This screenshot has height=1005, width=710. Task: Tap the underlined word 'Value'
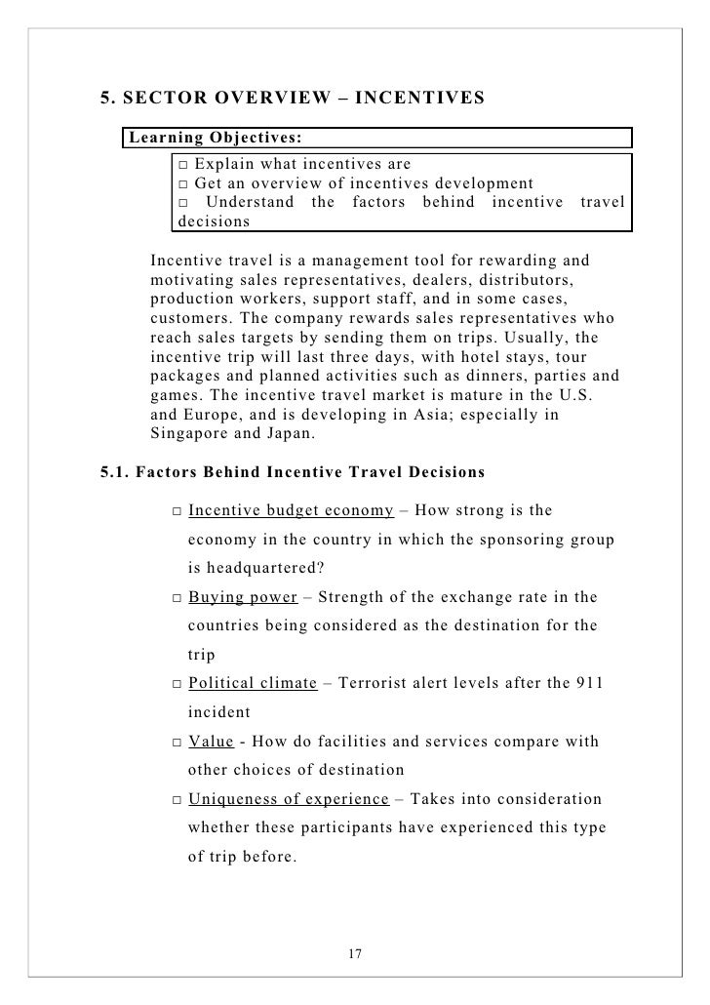[211, 742]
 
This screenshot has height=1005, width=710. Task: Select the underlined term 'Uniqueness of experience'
[288, 800]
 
